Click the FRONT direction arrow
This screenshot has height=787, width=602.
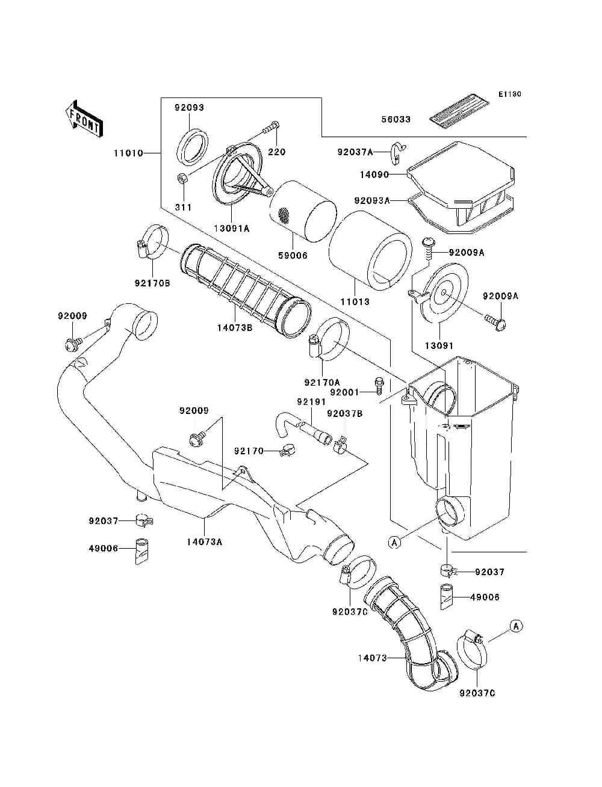84,119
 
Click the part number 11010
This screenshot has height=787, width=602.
129,153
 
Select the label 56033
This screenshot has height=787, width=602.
396,119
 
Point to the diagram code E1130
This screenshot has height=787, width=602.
509,94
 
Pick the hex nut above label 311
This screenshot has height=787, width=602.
182,178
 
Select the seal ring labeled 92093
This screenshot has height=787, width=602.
193,147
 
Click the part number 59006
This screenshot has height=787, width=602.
293,256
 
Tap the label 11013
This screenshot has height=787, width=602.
355,301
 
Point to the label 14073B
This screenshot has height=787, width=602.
235,328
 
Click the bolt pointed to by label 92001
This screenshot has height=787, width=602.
379,386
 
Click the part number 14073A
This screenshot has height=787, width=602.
205,542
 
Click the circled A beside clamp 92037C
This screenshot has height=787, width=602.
516,626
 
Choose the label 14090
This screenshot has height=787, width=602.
375,174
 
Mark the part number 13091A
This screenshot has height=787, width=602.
232,229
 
